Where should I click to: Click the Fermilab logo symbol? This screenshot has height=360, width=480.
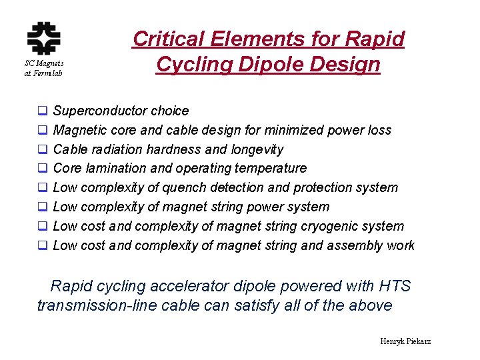pos(43,38)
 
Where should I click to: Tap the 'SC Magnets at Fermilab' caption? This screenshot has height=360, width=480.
pos(43,68)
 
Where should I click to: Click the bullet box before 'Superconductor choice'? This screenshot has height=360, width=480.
pos(42,111)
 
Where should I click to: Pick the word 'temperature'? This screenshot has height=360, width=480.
pos(270,169)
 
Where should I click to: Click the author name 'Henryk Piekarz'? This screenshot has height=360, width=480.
pos(405,341)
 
